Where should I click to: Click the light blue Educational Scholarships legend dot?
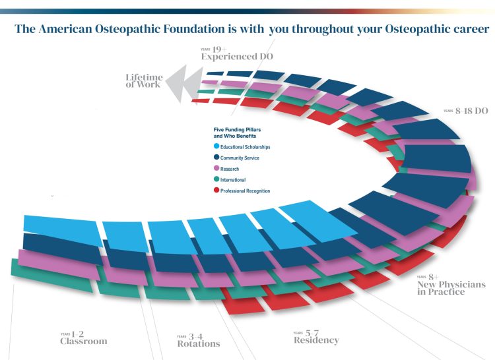coord(216,146)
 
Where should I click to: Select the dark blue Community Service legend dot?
coord(216,158)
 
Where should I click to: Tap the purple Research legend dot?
coord(216,169)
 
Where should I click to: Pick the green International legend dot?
coord(216,179)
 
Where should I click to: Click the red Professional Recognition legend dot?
coord(216,191)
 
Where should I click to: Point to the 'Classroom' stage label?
coord(83,342)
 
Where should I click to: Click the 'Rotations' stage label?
coord(199,344)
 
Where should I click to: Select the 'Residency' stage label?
coord(316,340)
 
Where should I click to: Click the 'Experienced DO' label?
coord(238,57)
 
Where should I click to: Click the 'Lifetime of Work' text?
coord(143,80)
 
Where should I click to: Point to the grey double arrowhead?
coord(181,84)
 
